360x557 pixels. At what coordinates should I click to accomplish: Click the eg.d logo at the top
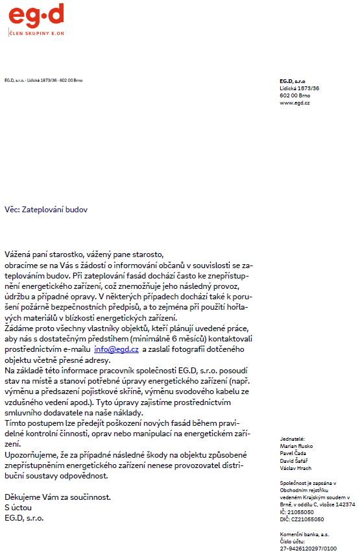[x=36, y=14]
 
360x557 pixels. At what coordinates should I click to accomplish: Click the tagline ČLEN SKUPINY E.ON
[x=36, y=32]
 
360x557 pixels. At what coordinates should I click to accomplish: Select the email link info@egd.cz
[x=116, y=349]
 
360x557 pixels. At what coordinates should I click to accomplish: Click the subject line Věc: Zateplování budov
[x=45, y=210]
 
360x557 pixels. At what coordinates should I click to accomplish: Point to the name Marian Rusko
[x=295, y=447]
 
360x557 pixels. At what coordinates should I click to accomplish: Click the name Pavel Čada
[x=293, y=454]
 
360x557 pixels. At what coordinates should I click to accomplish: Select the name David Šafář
[x=294, y=461]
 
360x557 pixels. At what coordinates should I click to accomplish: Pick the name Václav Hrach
[x=295, y=468]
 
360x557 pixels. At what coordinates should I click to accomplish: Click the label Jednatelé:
[x=293, y=439]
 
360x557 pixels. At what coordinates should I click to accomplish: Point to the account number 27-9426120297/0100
[x=308, y=548]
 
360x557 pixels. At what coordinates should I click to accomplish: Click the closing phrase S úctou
[x=19, y=508]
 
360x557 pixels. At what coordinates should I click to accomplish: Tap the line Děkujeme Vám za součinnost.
[x=57, y=497]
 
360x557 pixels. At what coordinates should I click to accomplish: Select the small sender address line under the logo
[x=43, y=80]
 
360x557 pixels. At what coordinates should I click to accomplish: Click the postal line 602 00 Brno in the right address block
[x=296, y=95]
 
